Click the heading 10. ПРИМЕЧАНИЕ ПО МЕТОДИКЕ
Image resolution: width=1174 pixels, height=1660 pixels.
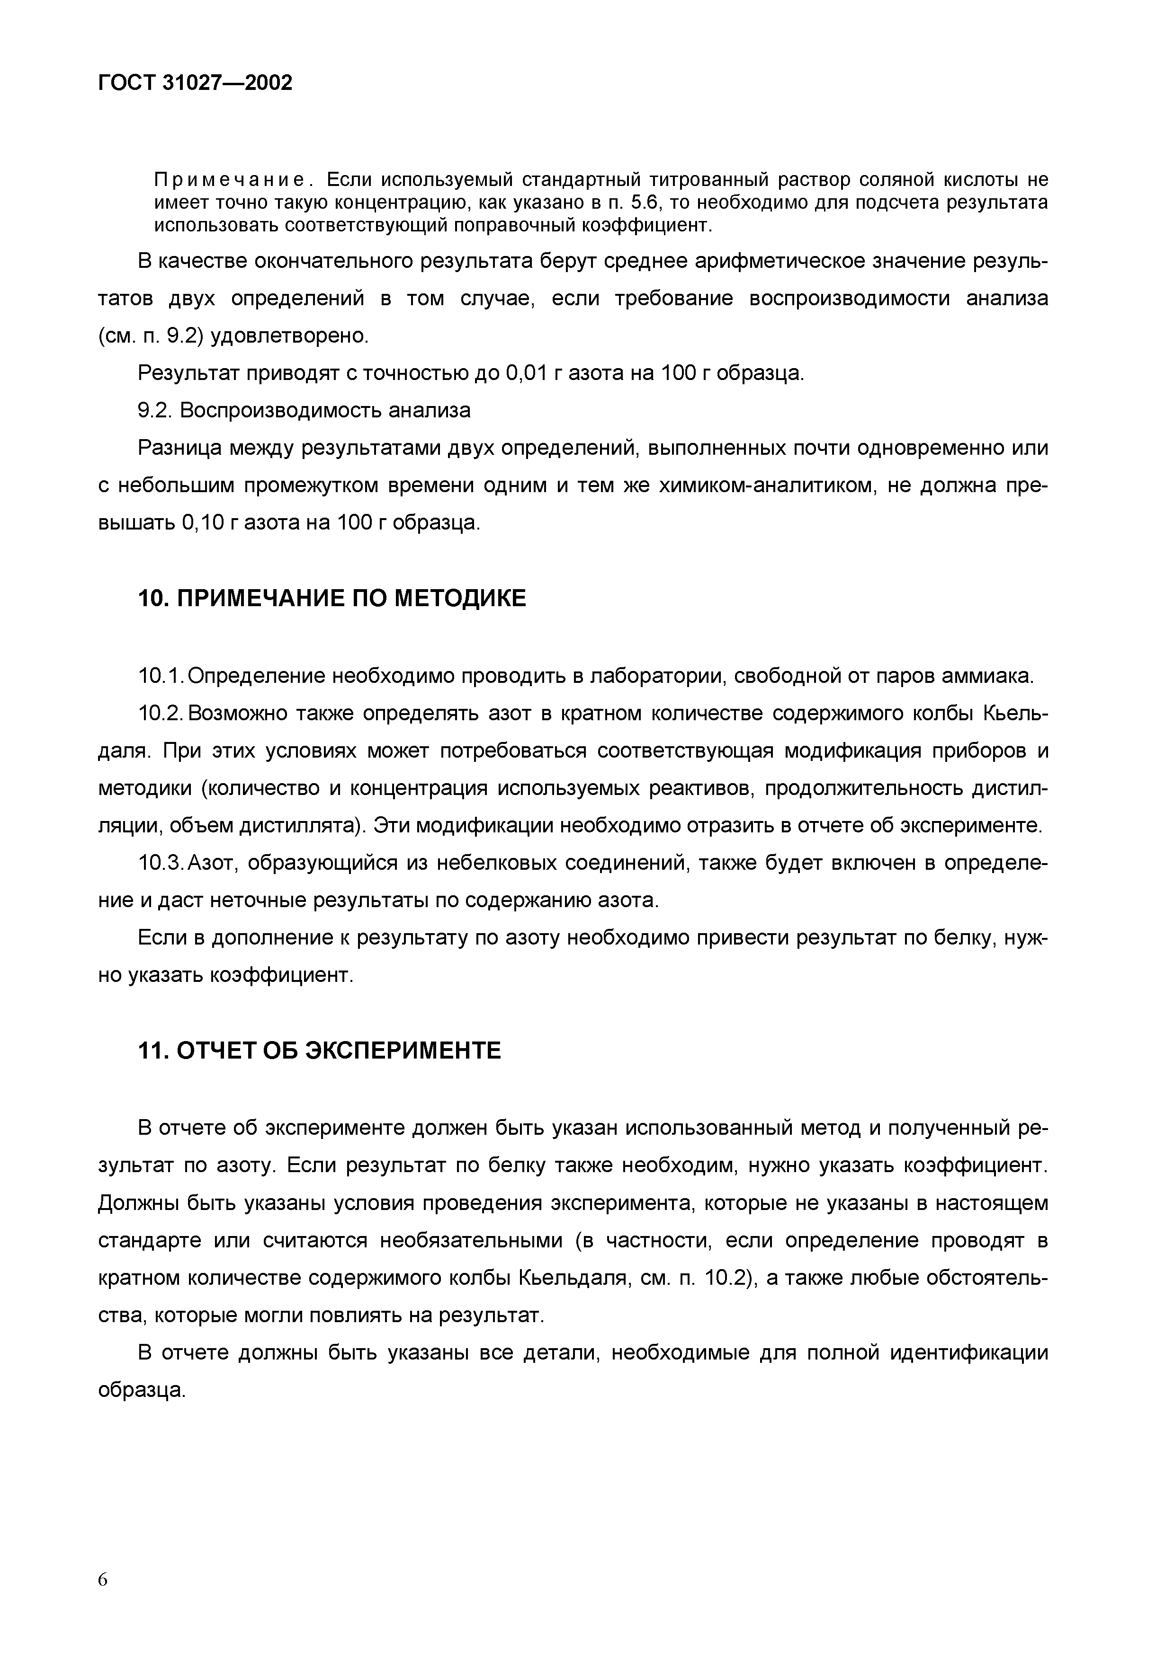point(332,599)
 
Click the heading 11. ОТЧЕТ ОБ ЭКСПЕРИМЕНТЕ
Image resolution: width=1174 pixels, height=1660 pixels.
point(319,1050)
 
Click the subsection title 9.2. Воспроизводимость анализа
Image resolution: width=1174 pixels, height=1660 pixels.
point(304,411)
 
